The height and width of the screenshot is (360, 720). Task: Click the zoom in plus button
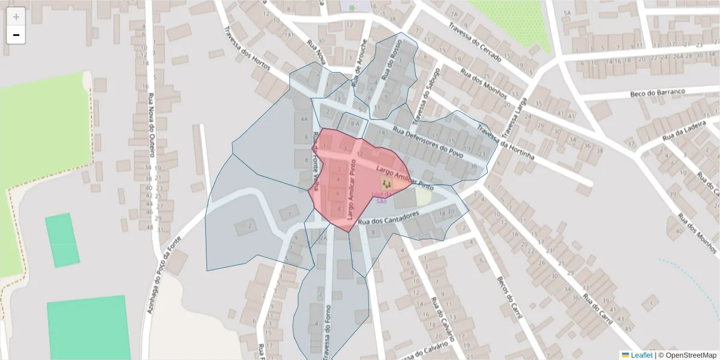(x=16, y=17)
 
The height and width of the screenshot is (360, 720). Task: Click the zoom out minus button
(x=16, y=35)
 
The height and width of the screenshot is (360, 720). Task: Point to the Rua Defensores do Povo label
(x=428, y=143)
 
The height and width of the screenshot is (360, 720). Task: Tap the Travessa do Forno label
(x=326, y=325)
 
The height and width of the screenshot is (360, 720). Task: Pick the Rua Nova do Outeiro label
(x=151, y=127)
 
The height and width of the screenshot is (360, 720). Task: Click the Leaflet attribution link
(x=641, y=355)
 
